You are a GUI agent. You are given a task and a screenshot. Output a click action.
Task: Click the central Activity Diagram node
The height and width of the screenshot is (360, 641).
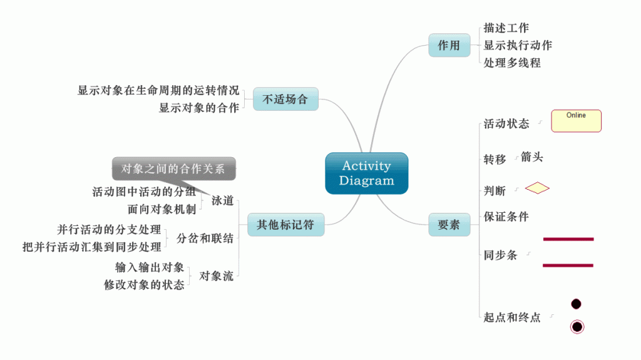coord(367,173)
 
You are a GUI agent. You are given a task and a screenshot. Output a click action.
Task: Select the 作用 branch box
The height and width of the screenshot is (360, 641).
coord(449,45)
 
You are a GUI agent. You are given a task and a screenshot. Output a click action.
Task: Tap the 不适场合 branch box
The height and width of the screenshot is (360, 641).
coord(285,99)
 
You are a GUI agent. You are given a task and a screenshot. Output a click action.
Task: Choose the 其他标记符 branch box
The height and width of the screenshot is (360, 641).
coord(285,224)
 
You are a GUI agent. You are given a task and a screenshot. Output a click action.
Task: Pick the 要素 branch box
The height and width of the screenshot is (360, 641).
coord(449,224)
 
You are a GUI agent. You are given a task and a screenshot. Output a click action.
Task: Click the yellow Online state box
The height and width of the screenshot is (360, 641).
coord(576,121)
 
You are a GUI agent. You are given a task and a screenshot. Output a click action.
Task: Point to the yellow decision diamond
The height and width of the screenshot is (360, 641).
coord(537,188)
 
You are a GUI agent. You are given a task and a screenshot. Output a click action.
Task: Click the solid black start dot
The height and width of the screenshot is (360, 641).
coord(576,304)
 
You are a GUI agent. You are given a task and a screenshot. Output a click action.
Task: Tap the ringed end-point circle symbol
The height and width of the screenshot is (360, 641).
coord(577,326)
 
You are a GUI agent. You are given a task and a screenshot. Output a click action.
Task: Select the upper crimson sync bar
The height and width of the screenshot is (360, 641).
coord(568,239)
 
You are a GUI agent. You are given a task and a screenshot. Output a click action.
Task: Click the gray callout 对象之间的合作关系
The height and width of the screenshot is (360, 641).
coord(173,168)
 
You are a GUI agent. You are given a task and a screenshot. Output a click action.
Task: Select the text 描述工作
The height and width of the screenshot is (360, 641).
coord(506,28)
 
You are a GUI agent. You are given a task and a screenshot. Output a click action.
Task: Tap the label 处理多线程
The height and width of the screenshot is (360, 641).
coord(511,63)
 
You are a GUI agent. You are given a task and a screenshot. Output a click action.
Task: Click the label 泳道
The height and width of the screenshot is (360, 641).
coord(222,200)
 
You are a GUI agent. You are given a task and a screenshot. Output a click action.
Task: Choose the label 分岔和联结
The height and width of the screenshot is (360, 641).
coord(205,238)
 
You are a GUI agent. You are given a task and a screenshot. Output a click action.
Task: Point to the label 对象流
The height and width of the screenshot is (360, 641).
coord(216,275)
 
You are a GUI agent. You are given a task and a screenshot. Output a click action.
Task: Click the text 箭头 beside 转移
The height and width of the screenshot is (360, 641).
coord(531,157)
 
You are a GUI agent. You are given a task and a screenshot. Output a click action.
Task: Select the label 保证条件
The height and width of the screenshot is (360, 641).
coord(506,217)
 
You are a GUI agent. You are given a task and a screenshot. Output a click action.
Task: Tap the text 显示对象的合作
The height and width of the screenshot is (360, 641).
coord(199,108)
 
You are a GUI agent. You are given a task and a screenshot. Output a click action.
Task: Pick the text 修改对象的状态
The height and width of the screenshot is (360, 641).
coord(144,285)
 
